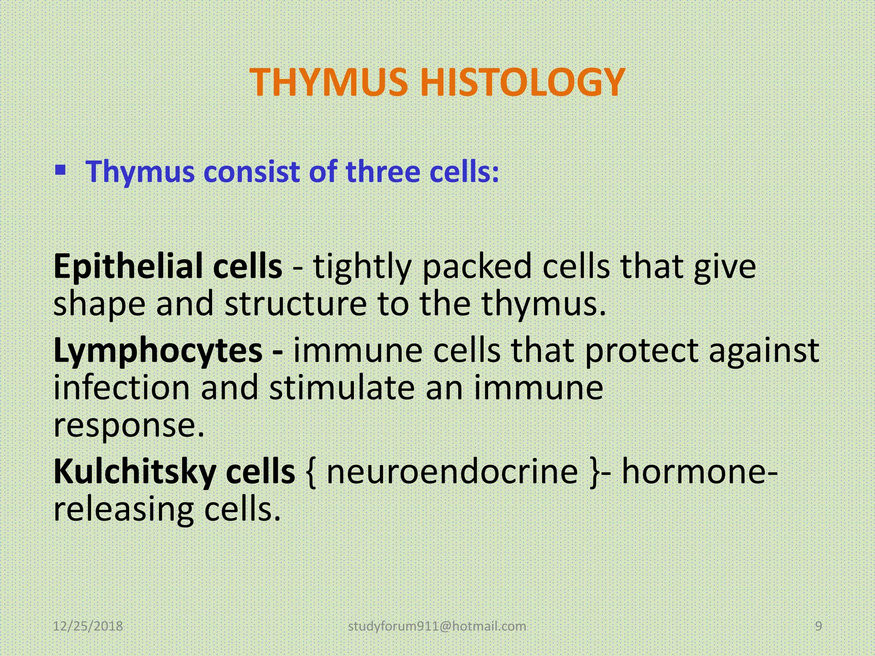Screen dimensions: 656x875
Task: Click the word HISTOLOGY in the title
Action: [x=522, y=82]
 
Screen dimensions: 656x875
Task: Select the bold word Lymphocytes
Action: [x=158, y=351]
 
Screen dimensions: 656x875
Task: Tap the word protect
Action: [x=641, y=351]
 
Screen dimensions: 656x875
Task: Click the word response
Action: [x=128, y=426]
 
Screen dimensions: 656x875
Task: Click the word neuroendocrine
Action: [x=452, y=472]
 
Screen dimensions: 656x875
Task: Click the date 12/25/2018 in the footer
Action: [x=88, y=627]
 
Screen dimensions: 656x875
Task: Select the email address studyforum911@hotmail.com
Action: [x=437, y=627]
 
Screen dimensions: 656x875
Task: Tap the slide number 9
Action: [x=819, y=627]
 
